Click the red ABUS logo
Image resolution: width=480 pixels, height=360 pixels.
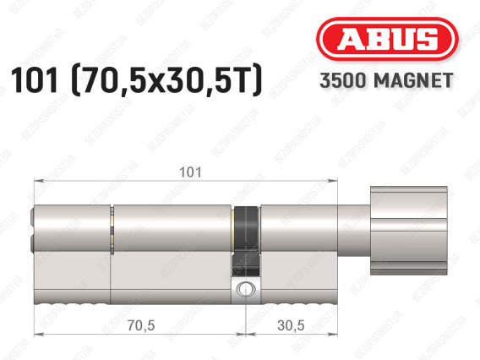click(387, 39)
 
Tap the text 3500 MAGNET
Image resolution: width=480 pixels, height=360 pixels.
click(386, 80)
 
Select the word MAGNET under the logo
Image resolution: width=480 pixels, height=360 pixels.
click(413, 80)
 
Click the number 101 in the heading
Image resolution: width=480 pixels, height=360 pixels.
click(35, 80)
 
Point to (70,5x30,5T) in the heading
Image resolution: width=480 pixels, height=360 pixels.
click(166, 80)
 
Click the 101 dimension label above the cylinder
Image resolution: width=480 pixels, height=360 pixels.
click(190, 172)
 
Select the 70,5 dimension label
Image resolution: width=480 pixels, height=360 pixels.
click(141, 325)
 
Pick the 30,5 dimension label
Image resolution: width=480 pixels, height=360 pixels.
click(291, 325)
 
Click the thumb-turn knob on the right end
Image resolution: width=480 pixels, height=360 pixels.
click(409, 231)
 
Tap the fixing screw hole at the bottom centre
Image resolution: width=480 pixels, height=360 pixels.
click(244, 288)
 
